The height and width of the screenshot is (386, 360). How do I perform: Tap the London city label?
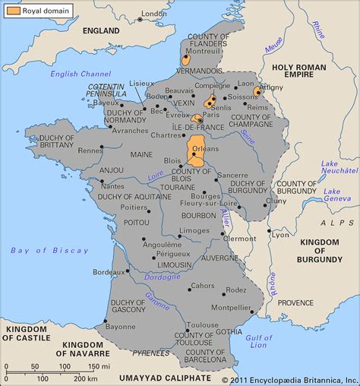click(x=154, y=14)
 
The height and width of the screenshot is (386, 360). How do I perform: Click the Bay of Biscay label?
click(x=39, y=250)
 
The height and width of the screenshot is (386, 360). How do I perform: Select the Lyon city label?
click(x=282, y=235)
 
